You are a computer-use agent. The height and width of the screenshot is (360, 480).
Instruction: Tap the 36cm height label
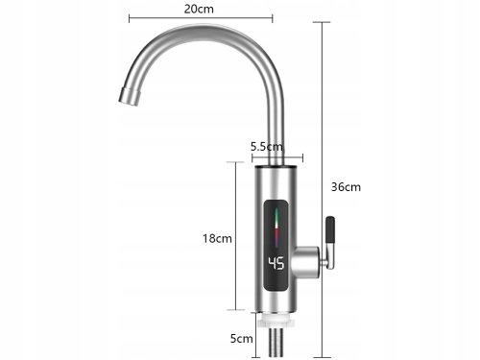point(347,186)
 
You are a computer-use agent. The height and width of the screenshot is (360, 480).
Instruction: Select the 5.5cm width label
point(266,147)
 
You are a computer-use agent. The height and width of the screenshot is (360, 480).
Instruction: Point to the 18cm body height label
point(218,237)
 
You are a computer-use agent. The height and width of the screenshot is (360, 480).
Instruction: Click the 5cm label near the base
point(242,338)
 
